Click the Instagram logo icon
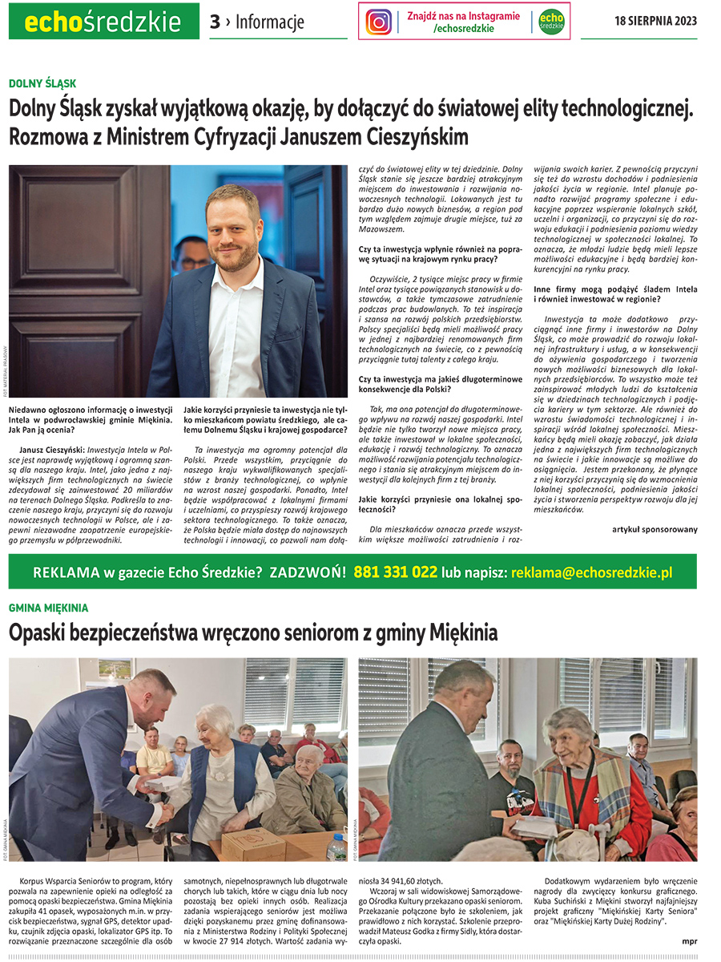click(379, 22)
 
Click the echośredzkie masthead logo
click(103, 22)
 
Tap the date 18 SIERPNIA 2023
click(655, 21)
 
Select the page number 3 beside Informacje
click(214, 22)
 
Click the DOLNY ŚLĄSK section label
click(42, 83)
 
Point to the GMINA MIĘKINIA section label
click(48, 608)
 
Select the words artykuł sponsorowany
click(655, 529)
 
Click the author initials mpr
click(688, 940)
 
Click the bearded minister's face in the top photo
click(233, 232)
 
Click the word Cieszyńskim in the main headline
click(400, 136)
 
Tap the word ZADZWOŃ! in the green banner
click(308, 573)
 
